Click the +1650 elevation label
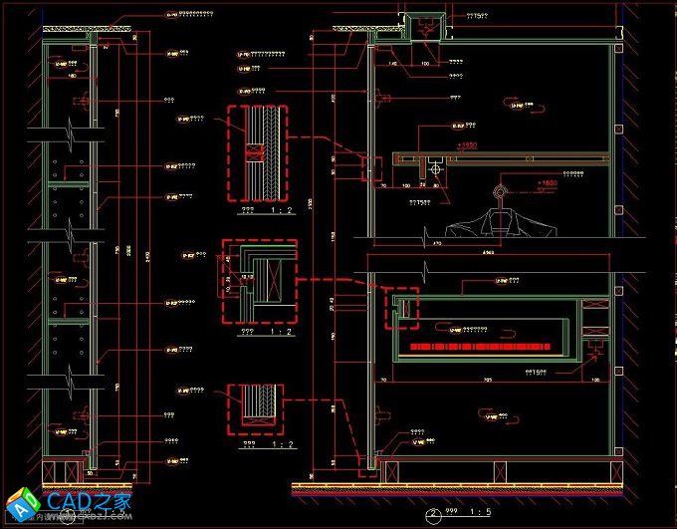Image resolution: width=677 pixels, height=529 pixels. tap(467, 146)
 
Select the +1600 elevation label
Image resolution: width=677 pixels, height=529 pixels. tap(547, 183)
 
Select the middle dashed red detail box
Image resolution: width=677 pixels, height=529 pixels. tap(258, 281)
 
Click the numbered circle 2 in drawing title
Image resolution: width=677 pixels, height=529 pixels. tap(433, 515)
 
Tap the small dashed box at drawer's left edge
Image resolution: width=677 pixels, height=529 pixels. tap(402, 308)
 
